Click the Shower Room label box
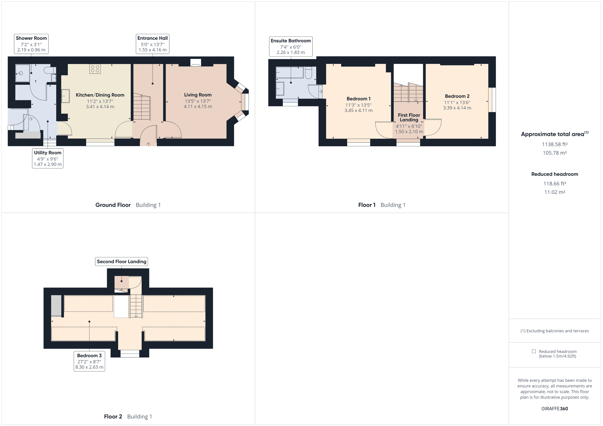click(31, 44)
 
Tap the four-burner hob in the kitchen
click(95, 69)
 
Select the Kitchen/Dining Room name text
click(100, 95)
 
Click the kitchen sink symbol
click(66, 96)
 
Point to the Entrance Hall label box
click(152, 44)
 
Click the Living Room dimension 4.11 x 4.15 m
click(198, 106)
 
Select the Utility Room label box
click(47, 159)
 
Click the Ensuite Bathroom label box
click(291, 46)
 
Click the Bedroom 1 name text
click(359, 99)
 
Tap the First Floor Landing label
click(409, 117)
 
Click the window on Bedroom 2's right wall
click(492, 100)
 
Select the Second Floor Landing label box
click(121, 261)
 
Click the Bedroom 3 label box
click(89, 361)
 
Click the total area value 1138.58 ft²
click(555, 144)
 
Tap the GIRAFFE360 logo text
click(555, 409)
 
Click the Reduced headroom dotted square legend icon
click(534, 351)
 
